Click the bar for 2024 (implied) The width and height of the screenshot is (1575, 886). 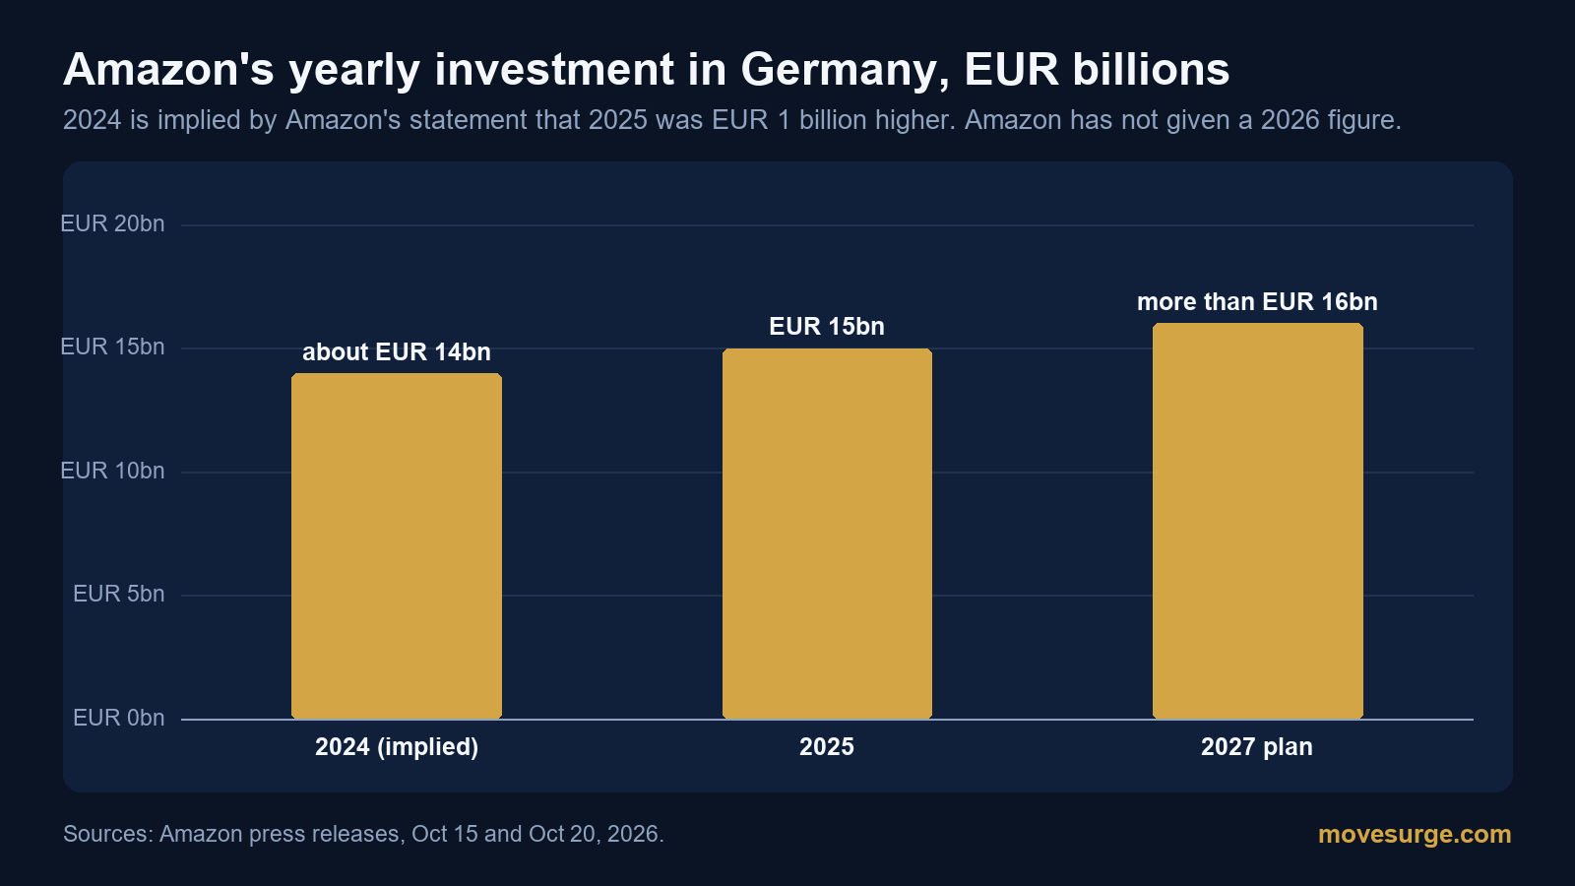coord(397,545)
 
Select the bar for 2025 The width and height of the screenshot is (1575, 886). coord(827,533)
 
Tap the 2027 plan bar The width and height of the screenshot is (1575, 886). coord(1258,521)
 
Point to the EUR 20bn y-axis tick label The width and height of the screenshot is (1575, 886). coord(112,223)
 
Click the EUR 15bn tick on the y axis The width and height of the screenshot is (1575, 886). coord(112,347)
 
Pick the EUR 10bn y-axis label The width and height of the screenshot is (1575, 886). coord(112,471)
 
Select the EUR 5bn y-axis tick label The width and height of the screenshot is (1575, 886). coord(119,595)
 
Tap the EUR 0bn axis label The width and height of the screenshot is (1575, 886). coord(119,718)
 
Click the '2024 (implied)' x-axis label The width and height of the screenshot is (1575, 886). coord(397,747)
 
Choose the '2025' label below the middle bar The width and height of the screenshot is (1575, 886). coord(827,747)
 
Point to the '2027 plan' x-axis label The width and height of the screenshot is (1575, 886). coord(1257,747)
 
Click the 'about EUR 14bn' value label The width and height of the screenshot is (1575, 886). coord(397,351)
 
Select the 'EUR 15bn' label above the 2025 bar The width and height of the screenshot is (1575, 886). coord(827,326)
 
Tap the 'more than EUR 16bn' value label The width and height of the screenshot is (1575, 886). coord(1257,301)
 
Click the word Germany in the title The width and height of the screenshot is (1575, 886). coord(845,70)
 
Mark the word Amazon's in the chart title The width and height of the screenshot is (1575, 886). coord(168,70)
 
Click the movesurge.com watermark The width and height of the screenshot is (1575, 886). coord(1415,834)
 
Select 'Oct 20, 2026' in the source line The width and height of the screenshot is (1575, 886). coord(597,834)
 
